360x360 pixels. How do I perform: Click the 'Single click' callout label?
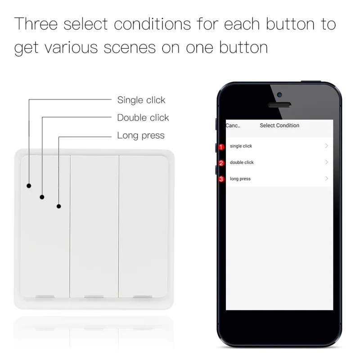141,100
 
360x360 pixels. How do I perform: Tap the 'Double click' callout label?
143,117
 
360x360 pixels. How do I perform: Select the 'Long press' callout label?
141,135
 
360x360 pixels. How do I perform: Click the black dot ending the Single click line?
29,185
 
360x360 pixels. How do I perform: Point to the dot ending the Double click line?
42,197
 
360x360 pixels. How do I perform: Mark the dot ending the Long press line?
58,207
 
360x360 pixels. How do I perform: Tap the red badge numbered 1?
221,147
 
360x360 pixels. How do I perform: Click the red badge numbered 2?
221,163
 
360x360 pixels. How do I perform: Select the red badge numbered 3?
221,179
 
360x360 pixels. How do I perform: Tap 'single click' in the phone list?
241,146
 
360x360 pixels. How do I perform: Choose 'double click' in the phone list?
242,162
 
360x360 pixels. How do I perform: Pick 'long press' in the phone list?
240,179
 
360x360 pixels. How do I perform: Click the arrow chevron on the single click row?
326,146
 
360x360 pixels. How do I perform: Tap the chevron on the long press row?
326,179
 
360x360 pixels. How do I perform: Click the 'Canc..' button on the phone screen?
233,126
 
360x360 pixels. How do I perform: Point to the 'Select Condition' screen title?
279,126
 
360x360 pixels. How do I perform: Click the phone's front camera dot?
279,95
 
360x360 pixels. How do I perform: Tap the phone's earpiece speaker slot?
279,105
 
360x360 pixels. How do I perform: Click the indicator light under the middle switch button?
94,297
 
